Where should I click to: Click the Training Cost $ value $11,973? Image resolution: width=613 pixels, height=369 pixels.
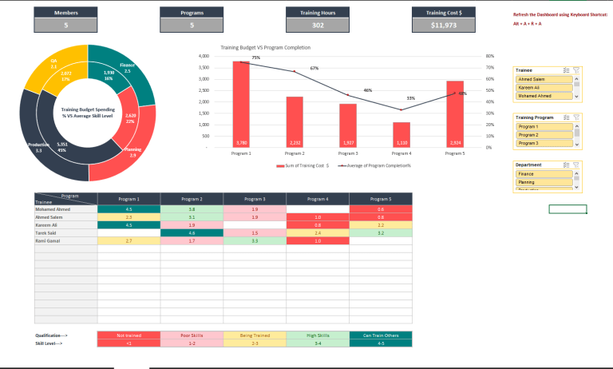click(444, 26)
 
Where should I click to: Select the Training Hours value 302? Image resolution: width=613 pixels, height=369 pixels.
click(318, 26)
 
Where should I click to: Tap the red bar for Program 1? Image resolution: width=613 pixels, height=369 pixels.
click(241, 104)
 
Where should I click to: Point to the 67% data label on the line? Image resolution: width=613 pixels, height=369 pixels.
click(315, 69)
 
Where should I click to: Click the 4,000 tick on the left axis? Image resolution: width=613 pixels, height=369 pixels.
click(203, 57)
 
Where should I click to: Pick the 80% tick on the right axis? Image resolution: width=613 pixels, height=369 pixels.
click(489, 57)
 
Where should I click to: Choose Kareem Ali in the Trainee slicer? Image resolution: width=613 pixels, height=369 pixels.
click(544, 87)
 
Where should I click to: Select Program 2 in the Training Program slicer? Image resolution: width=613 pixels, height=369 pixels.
click(544, 135)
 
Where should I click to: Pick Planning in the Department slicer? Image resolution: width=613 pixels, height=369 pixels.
click(544, 182)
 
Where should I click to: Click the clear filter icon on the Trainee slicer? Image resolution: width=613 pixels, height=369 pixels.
click(576, 70)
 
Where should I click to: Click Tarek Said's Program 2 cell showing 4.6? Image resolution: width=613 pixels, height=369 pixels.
click(192, 232)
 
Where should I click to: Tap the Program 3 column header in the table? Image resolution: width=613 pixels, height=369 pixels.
click(255, 198)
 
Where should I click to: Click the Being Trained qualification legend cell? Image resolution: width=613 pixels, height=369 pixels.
click(255, 335)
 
